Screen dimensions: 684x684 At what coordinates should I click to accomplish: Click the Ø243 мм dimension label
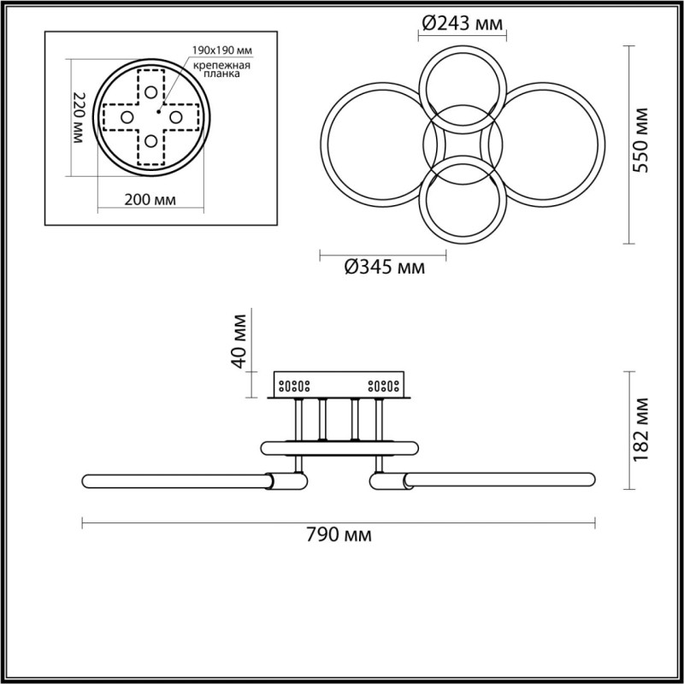463,23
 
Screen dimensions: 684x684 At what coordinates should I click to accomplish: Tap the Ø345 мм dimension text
384,267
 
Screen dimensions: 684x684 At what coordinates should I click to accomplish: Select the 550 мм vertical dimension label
640,140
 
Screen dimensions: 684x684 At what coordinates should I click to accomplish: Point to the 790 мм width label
339,534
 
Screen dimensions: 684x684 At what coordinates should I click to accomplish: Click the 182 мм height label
640,430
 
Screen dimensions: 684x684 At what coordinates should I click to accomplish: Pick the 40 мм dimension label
239,341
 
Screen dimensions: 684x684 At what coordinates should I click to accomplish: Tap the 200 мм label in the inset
150,200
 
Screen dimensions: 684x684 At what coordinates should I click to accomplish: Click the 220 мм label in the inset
79,118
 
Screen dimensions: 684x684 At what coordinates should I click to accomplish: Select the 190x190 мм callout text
222,50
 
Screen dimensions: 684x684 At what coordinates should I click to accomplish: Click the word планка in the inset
223,74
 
